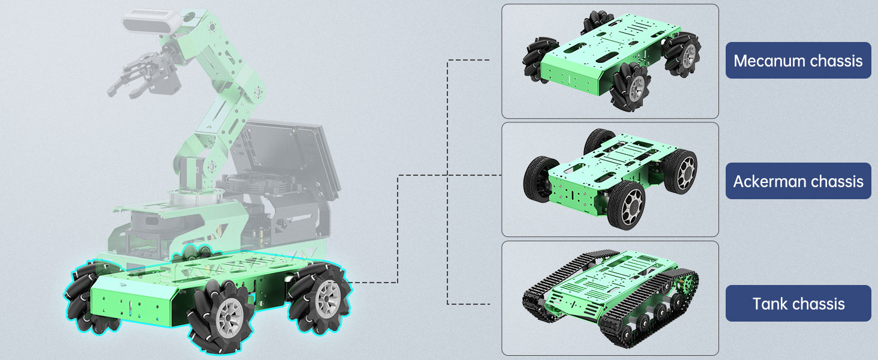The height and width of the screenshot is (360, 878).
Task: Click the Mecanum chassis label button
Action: [x=798, y=61]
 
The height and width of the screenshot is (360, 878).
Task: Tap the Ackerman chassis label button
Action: [x=798, y=181]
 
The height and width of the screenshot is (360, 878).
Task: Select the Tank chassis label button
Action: [x=798, y=303]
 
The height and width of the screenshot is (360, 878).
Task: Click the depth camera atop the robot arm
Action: [x=152, y=22]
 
